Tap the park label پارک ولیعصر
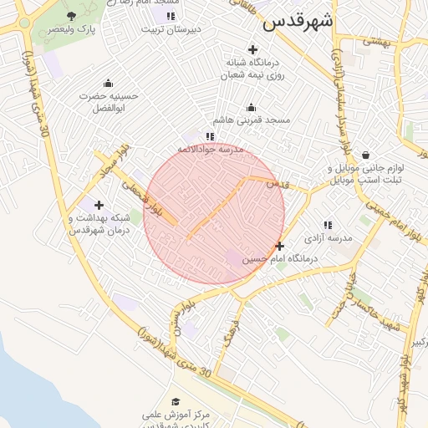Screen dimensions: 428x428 point(71,28)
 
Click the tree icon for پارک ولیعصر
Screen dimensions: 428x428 point(71,16)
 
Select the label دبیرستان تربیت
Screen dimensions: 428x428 point(170,28)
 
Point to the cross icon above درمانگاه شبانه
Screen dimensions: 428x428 point(252,49)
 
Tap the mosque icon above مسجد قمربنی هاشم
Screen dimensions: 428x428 point(251,107)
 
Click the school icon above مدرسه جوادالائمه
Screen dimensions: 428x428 point(210,135)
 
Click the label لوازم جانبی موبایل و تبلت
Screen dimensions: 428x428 point(365,174)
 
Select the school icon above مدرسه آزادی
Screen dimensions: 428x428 point(327,225)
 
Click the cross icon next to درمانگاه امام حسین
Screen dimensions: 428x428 point(279,246)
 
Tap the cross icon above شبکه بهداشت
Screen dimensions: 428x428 point(99,205)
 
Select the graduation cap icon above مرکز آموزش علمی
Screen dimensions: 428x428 point(175,401)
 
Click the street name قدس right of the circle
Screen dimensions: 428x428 point(276,183)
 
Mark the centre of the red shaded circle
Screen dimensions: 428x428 point(214,214)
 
